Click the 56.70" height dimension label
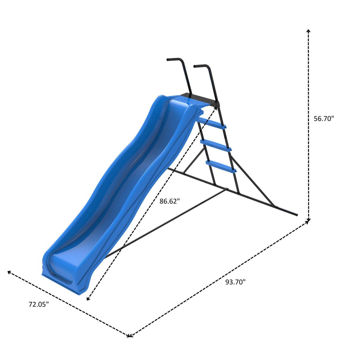pos(324,119)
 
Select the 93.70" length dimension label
pos(235,282)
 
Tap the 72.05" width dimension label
pos(39,304)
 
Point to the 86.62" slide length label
pos(170,201)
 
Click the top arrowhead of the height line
pos(308,31)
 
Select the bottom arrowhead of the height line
pos(308,220)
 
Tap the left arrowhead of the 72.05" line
pos(9,272)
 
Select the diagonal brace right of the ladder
pos(252,181)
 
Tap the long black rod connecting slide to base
pos(166,222)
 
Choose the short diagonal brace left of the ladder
pos(194,160)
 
